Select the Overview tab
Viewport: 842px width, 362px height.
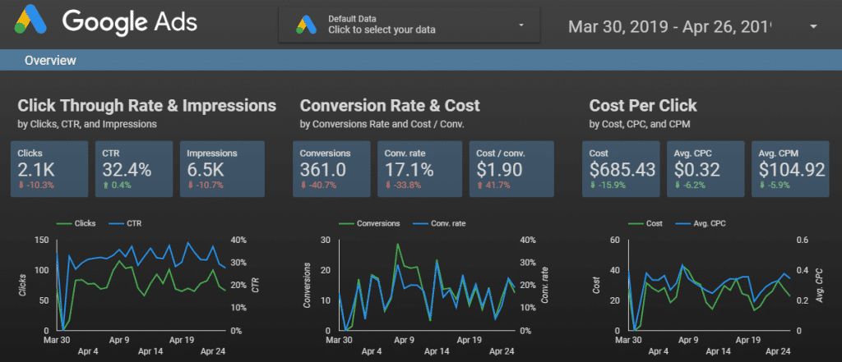(x=50, y=60)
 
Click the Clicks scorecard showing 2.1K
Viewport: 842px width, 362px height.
(x=49, y=169)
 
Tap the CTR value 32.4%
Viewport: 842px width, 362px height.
(x=127, y=169)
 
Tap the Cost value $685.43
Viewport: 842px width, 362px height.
(x=623, y=169)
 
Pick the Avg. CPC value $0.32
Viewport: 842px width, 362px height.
(x=697, y=169)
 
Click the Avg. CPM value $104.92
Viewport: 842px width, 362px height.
(x=792, y=169)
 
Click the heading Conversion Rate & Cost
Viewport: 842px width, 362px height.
(x=390, y=106)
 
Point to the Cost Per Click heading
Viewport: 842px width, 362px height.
(x=643, y=106)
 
